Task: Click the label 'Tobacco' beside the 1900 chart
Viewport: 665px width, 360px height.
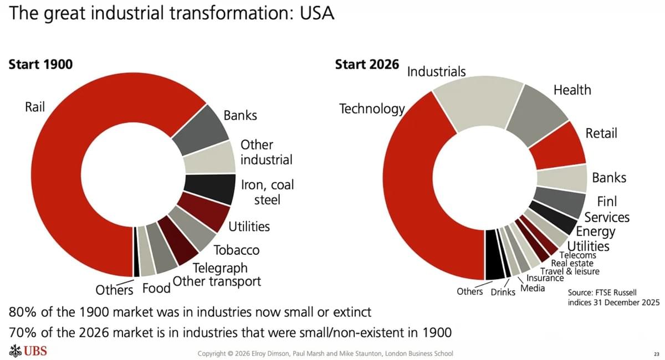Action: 237,250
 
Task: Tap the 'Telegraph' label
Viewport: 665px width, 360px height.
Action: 220,269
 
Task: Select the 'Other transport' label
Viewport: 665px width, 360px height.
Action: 217,281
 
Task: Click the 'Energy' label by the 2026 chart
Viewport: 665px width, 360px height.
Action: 596,232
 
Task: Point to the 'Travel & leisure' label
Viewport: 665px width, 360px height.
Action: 570,271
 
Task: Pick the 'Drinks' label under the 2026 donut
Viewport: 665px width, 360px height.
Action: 503,292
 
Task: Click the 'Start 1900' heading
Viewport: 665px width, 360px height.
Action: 41,64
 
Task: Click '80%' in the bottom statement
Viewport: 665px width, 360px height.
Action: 23,312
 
